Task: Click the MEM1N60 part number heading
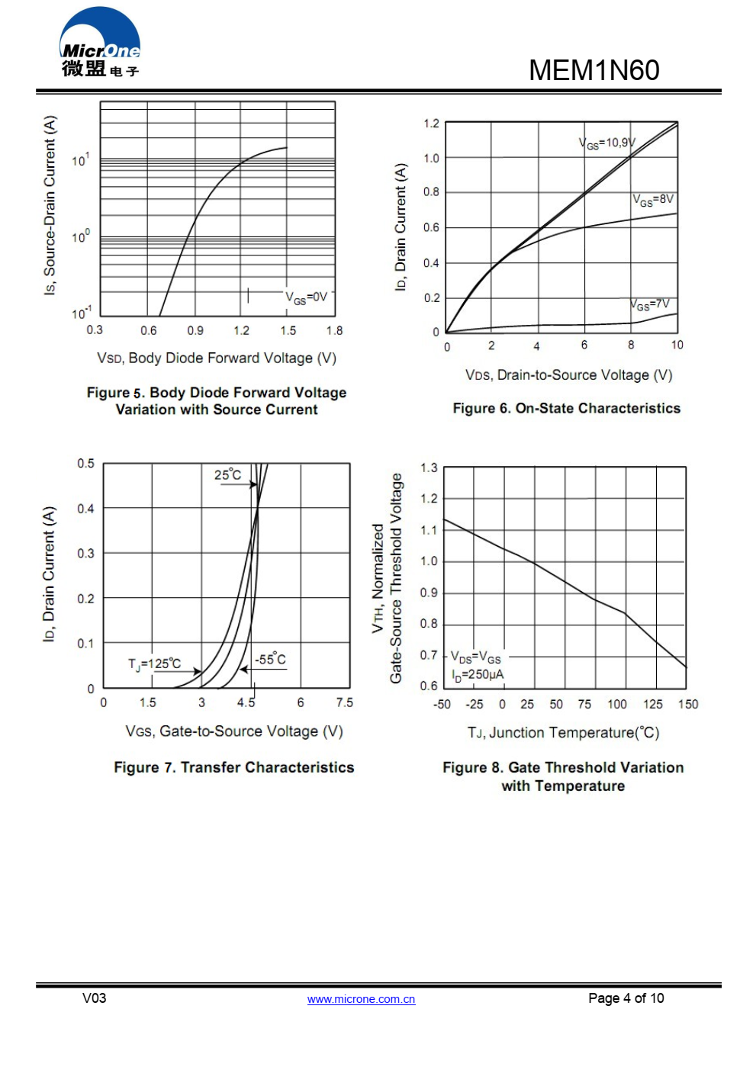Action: click(594, 70)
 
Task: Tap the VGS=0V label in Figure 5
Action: click(307, 297)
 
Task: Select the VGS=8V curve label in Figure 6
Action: click(653, 200)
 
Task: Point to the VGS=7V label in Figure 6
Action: click(650, 304)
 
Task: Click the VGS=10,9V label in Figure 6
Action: click(606, 143)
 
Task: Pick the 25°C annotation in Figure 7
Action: click(227, 475)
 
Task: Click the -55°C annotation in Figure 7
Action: click(270, 660)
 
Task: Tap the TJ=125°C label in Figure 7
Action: click(155, 664)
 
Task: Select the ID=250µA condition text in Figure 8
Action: click(478, 675)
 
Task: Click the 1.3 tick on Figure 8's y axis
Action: click(429, 468)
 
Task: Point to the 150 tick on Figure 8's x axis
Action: click(688, 704)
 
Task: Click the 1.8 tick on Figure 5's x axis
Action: click(334, 330)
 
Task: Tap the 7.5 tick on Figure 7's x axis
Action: click(345, 702)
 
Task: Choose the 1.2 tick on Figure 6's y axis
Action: click(431, 124)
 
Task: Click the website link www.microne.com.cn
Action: click(361, 999)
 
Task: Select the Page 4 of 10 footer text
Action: click(626, 998)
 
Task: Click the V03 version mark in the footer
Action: click(95, 998)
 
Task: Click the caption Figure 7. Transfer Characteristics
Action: click(233, 767)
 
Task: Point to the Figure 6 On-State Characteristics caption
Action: click(566, 408)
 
